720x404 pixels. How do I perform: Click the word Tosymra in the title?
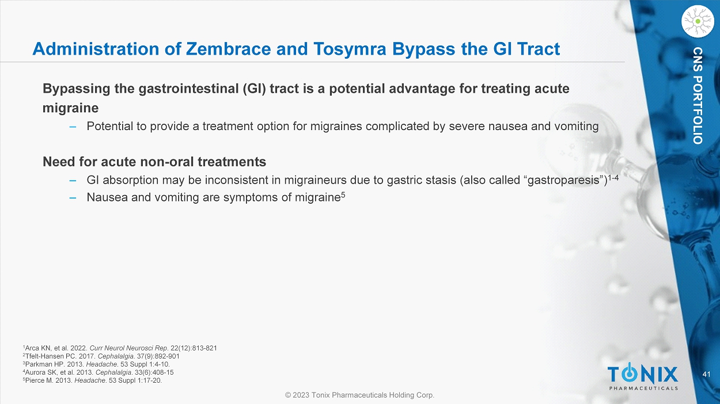(350, 49)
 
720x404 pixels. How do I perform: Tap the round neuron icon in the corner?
(698, 21)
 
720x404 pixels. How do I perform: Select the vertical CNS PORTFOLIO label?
(698, 96)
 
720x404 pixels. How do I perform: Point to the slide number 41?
(707, 374)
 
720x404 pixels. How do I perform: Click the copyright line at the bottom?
(359, 395)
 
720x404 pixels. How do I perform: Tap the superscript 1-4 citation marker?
(613, 177)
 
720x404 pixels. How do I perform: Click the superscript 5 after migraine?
(343, 195)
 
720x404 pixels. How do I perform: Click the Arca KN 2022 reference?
(120, 348)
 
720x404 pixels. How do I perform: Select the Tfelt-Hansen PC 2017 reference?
(101, 356)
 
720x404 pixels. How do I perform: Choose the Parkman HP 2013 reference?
(96, 364)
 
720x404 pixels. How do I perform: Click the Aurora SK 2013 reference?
(98, 372)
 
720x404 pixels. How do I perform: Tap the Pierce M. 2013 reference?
(92, 380)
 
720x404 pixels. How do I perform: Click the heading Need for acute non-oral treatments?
(154, 162)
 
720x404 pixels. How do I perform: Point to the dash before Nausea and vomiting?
(73, 198)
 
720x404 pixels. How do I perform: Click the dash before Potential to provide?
(73, 127)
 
